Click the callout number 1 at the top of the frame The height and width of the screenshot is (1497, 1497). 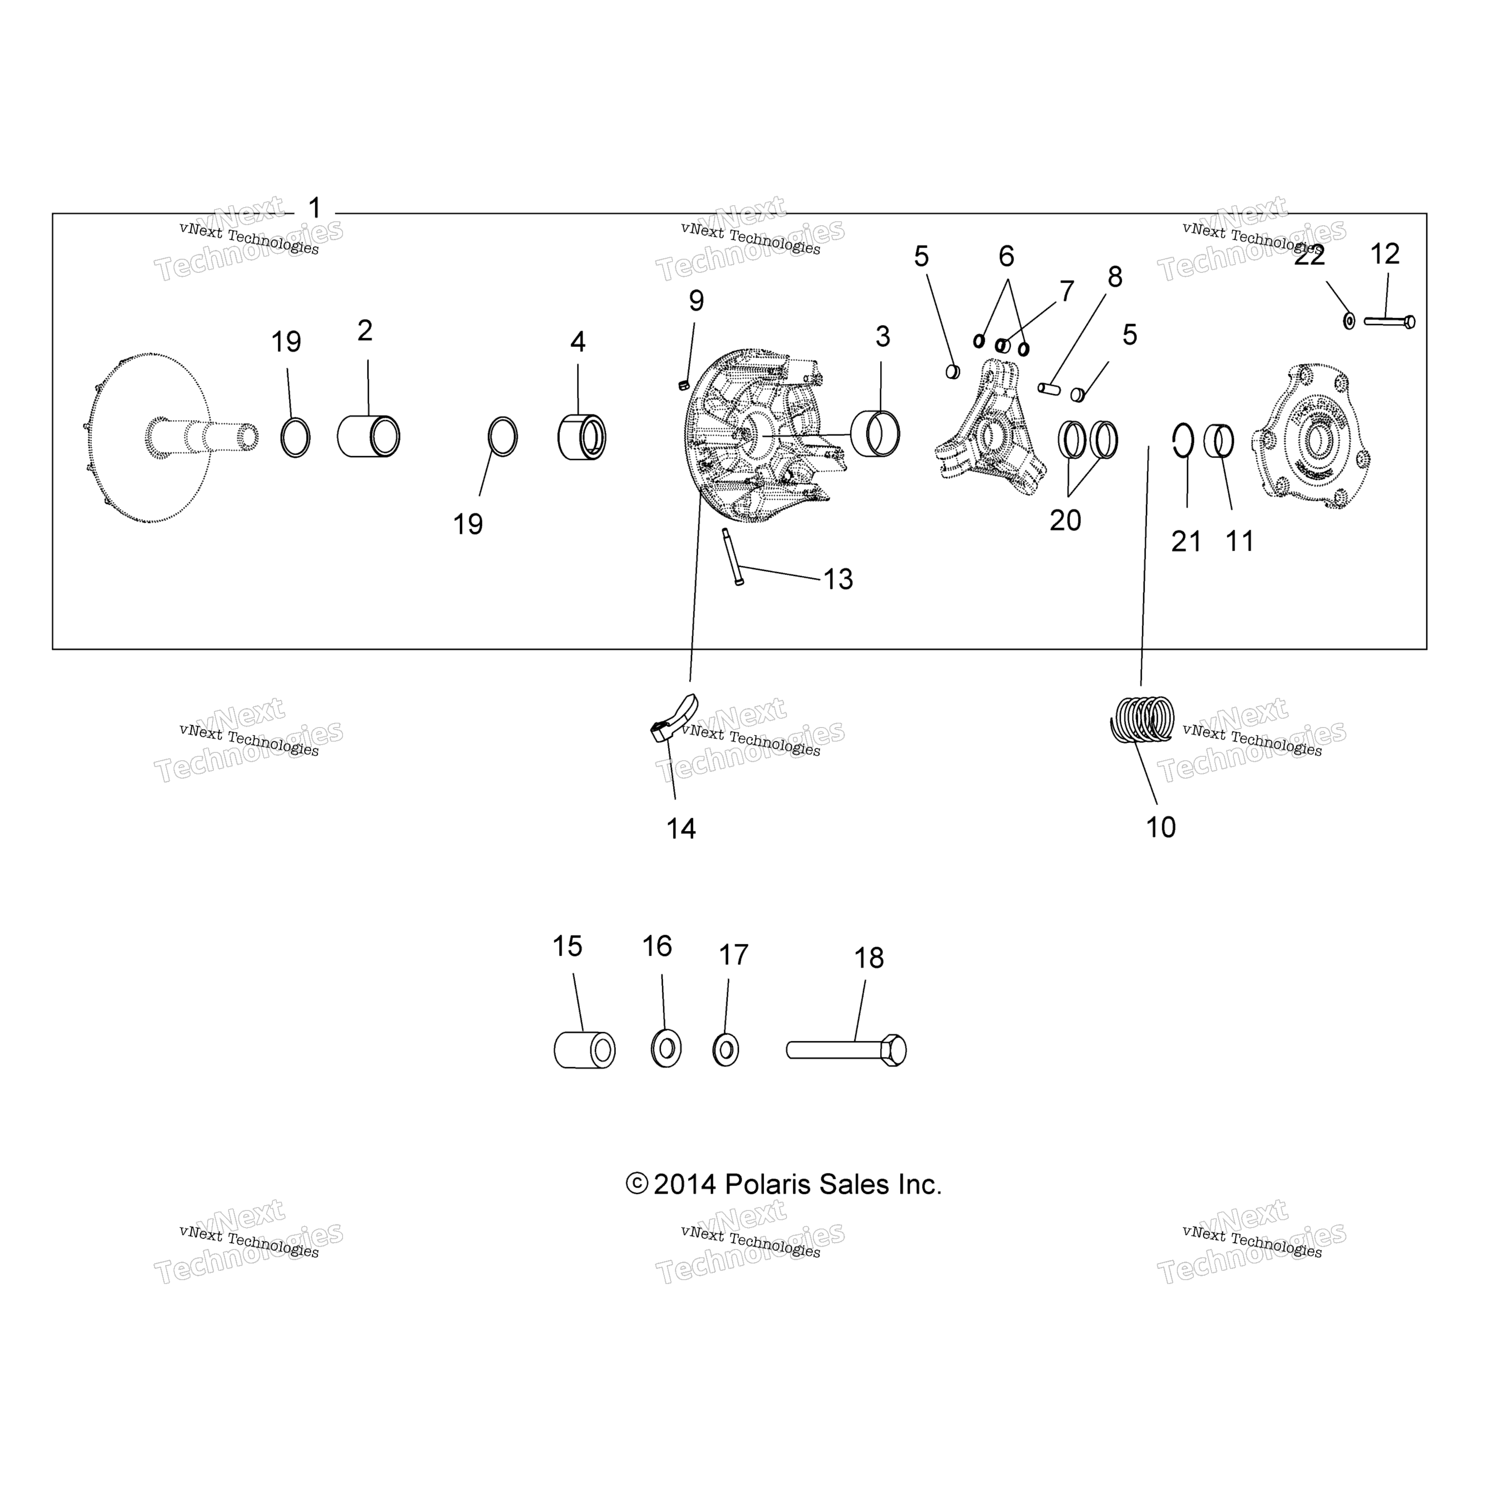pos(315,209)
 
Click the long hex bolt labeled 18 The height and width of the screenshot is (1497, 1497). pos(846,1051)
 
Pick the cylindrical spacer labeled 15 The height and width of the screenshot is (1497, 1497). pos(584,1051)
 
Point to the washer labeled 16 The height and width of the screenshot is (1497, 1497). pos(666,1050)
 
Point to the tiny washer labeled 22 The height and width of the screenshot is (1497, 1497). pos(1349,320)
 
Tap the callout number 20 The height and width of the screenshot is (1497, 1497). pos(1065,520)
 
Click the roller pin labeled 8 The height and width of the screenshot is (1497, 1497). pos(1050,387)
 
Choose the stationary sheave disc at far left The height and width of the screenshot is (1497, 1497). pos(147,438)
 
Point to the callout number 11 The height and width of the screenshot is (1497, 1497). pos(1240,541)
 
